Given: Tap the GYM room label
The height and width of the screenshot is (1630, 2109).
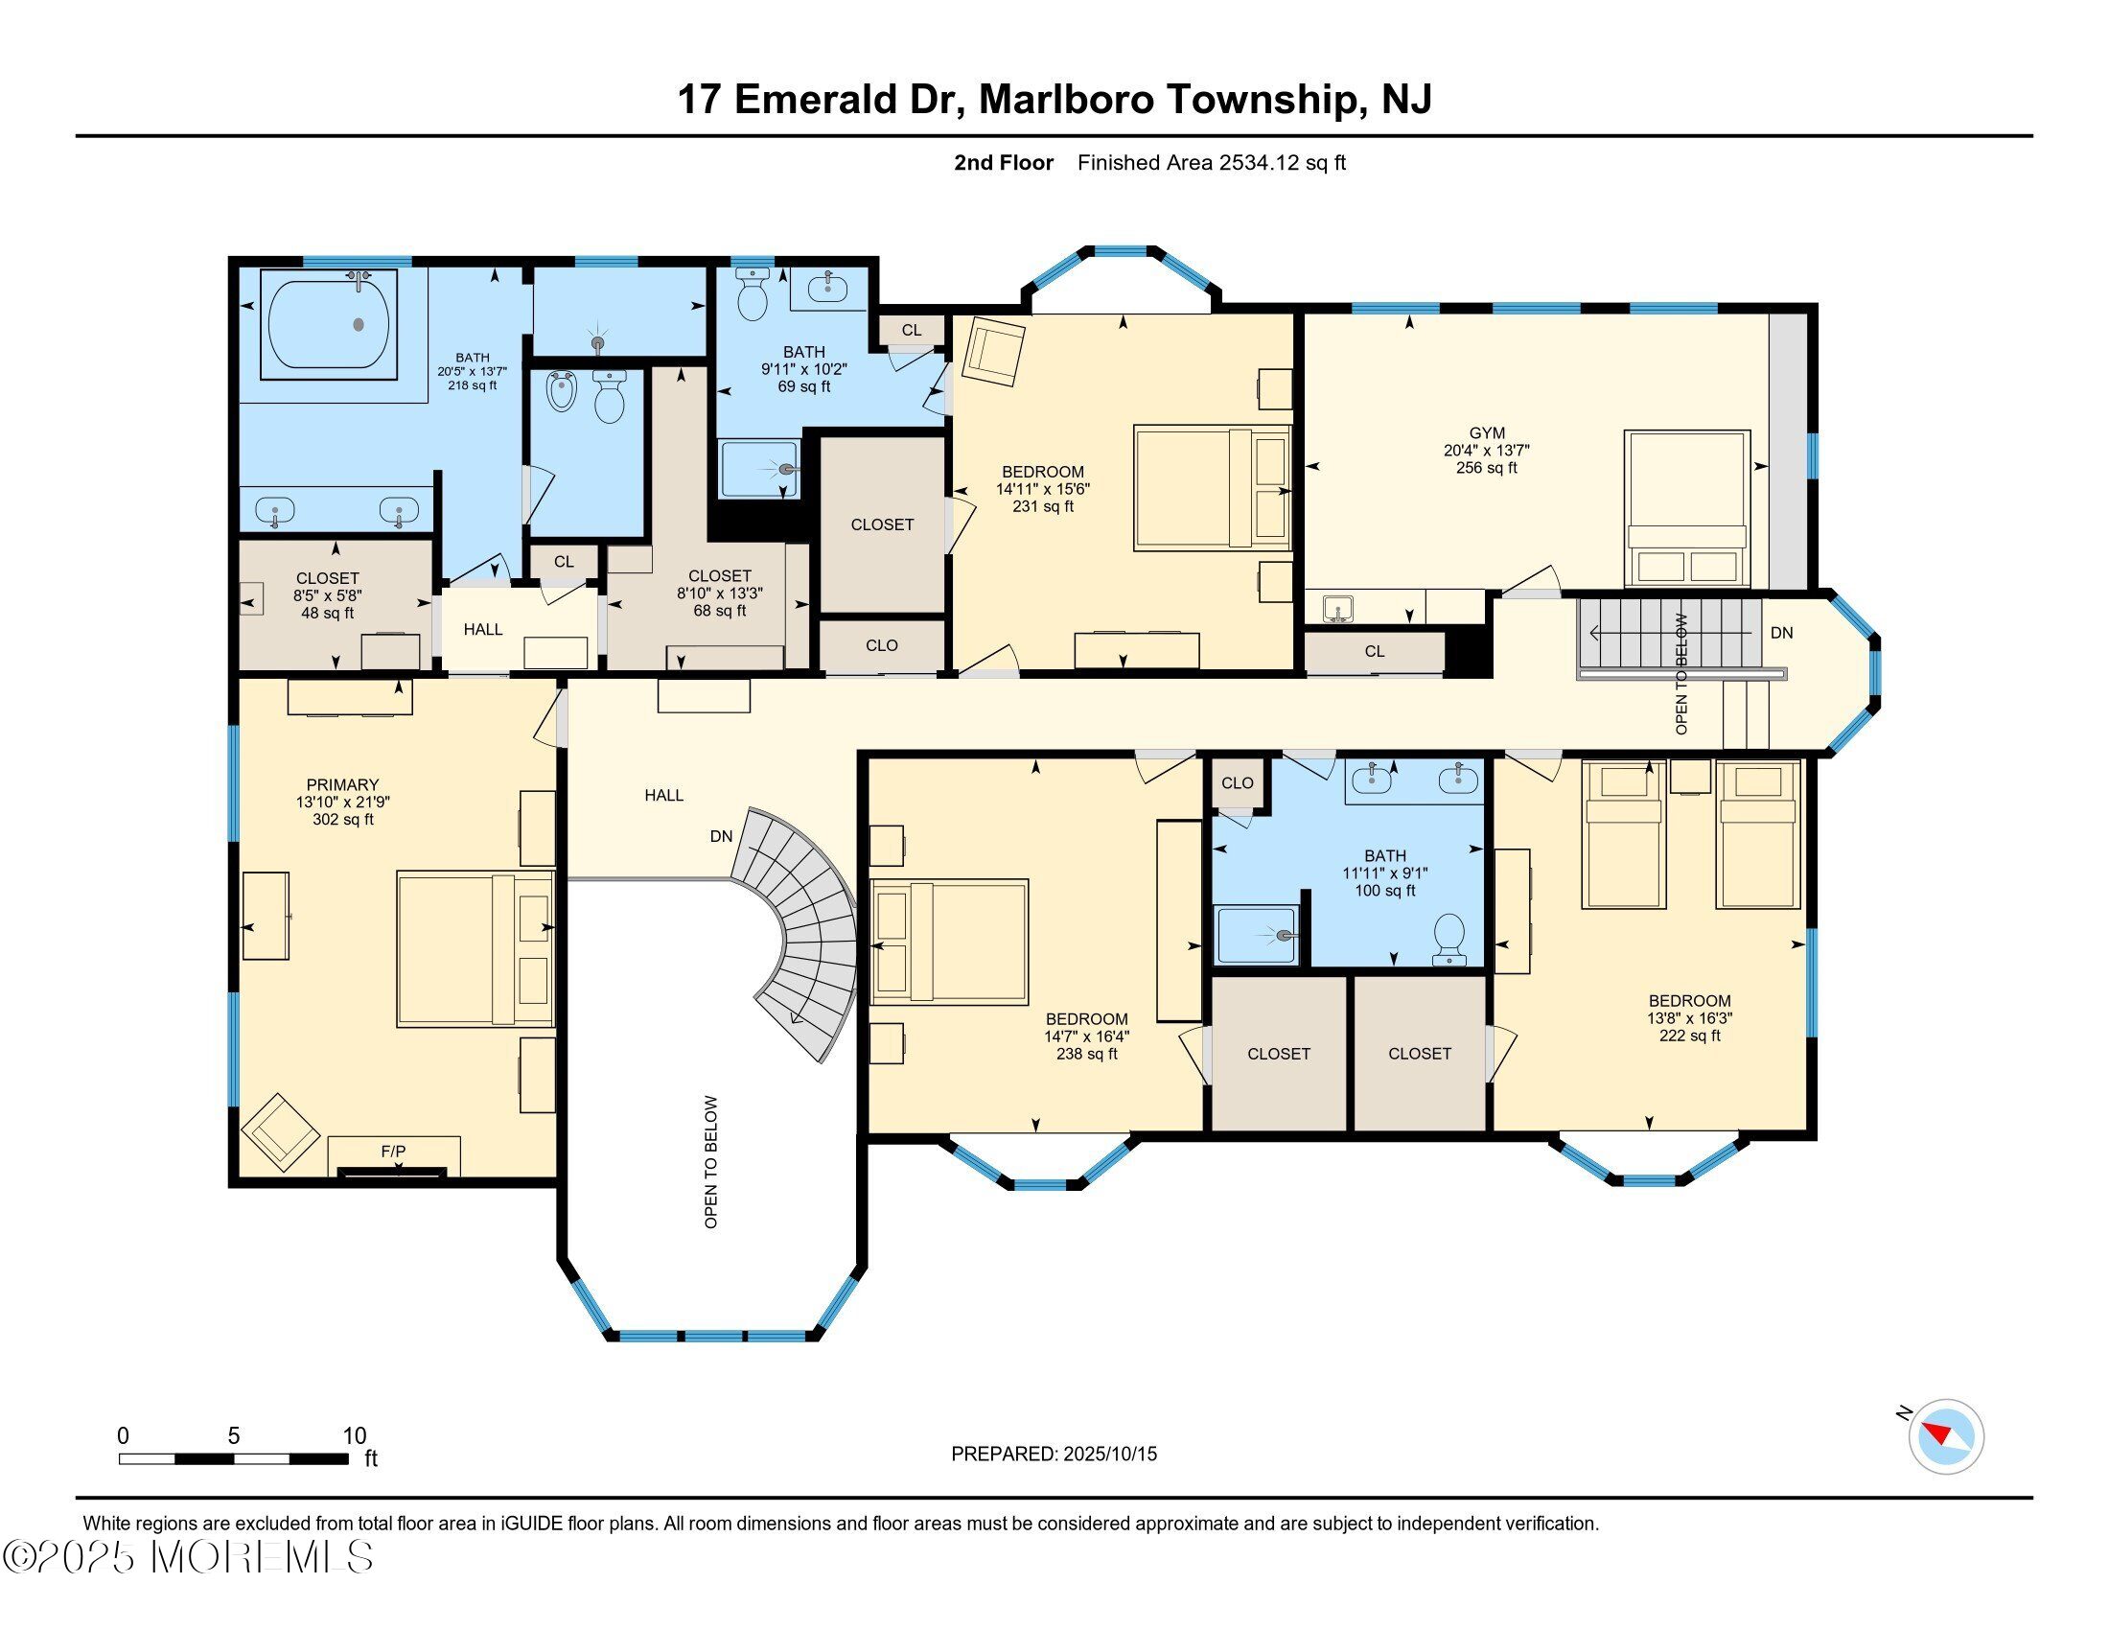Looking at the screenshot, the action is [x=1486, y=433].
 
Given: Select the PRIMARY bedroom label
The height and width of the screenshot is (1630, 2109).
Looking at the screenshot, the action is [x=343, y=785].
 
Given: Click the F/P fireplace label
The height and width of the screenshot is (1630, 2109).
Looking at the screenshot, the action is [x=393, y=1151].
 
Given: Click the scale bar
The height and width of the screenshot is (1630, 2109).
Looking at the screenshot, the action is [x=234, y=1458].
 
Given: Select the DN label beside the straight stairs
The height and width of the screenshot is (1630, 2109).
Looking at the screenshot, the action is [x=1782, y=633].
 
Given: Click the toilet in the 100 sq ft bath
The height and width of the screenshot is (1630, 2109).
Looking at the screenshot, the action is [x=1449, y=939].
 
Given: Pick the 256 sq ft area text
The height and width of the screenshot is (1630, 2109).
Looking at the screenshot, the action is [x=1486, y=468].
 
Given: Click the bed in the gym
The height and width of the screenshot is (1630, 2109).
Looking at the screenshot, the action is [x=1687, y=509].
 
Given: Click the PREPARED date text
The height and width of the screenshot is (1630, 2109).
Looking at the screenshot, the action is [x=1054, y=1454].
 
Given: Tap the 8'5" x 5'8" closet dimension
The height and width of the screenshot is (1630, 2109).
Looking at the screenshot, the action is [x=328, y=595].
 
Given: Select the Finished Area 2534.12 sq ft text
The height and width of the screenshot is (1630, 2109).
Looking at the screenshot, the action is [x=1211, y=162].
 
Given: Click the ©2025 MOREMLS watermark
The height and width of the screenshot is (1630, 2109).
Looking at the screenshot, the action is [x=188, y=1557].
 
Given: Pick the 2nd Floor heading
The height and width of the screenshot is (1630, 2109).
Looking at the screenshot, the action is [x=1004, y=162].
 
